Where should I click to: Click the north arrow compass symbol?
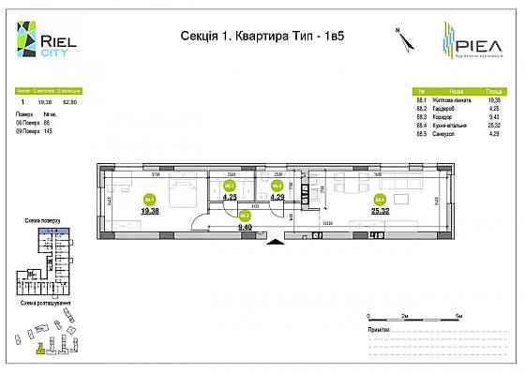coord(400,39)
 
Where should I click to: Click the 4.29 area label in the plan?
coord(277,197)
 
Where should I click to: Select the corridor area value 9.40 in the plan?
coord(247,227)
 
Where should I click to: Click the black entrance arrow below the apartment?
coord(275,243)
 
